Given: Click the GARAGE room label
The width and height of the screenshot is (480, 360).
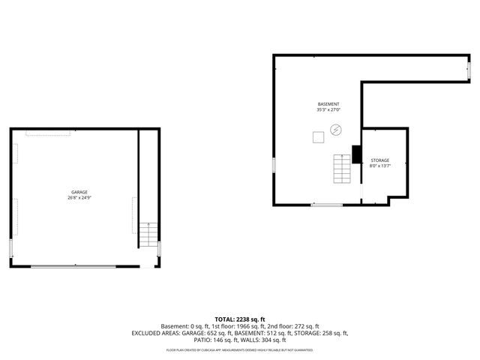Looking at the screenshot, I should coord(79,192).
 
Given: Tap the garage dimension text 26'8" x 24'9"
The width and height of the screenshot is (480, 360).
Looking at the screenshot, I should coord(79,198).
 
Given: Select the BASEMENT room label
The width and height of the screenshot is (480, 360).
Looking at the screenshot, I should coord(328,103).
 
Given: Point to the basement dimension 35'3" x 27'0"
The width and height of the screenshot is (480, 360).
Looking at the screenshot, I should coord(328,110).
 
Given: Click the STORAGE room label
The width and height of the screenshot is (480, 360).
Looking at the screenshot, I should coord(380,160).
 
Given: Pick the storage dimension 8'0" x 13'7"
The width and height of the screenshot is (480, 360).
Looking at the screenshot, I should coord(380,166).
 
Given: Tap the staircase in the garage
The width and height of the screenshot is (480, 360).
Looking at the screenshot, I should coord(148,235).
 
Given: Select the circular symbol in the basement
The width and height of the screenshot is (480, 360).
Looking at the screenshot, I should coord(336,130).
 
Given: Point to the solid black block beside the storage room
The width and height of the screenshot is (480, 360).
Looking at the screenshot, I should coord(356,154).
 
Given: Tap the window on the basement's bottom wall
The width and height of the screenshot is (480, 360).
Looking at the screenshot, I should coord(327,205).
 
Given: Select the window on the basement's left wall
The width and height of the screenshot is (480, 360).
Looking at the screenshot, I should coord(274,164).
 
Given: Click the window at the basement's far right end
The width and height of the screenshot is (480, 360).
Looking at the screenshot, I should coord(469,68).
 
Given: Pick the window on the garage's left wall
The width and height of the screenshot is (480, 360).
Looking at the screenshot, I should coord(10,248).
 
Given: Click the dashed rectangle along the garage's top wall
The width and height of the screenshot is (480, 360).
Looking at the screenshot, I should coord(49,133).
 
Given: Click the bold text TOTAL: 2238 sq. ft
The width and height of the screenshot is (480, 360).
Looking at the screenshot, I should coord(240,319).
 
